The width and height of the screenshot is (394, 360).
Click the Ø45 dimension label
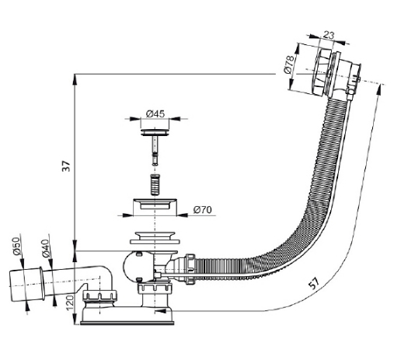[x=155, y=114]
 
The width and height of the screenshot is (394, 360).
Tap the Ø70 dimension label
[x=203, y=209]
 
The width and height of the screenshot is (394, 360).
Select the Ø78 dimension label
[x=289, y=65]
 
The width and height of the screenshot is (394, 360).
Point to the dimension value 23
[x=329, y=35]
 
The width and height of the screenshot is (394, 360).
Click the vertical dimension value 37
[x=66, y=166]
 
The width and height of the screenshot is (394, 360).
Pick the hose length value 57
[x=314, y=283]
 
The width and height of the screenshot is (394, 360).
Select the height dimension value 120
[x=70, y=302]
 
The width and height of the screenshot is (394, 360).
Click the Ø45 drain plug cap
[x=155, y=131]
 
